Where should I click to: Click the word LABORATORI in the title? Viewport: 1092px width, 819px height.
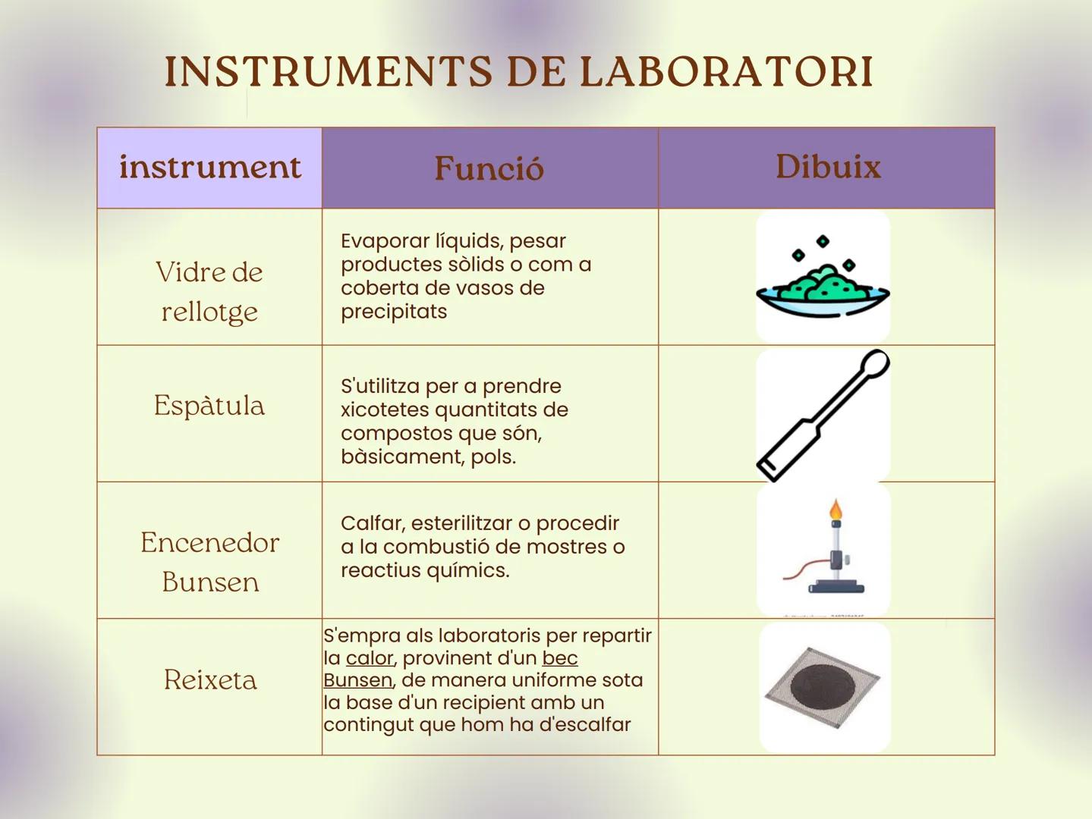pyautogui.click(x=726, y=72)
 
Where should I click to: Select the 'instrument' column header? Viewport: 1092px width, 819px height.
pyautogui.click(x=209, y=167)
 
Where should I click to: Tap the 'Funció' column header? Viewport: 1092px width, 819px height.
pyautogui.click(x=489, y=168)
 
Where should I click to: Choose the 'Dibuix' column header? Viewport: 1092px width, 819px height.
pyautogui.click(x=827, y=167)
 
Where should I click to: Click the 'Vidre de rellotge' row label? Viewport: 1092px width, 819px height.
pyautogui.click(x=209, y=291)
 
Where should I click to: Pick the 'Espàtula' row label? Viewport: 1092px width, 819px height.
pyautogui.click(x=209, y=406)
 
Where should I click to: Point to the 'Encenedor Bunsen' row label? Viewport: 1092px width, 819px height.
pyautogui.click(x=209, y=562)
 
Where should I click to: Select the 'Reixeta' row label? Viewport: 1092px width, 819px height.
pyautogui.click(x=210, y=679)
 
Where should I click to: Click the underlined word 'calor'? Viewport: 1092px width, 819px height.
pyautogui.click(x=370, y=658)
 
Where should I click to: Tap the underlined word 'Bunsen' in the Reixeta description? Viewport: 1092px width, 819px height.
pyautogui.click(x=357, y=680)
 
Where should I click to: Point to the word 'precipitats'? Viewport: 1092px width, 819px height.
pyautogui.click(x=394, y=312)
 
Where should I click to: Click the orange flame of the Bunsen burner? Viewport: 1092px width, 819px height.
pyautogui.click(x=836, y=510)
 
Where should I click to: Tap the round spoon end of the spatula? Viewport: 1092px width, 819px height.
pyautogui.click(x=876, y=362)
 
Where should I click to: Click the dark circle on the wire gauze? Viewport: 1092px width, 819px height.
pyautogui.click(x=822, y=687)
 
